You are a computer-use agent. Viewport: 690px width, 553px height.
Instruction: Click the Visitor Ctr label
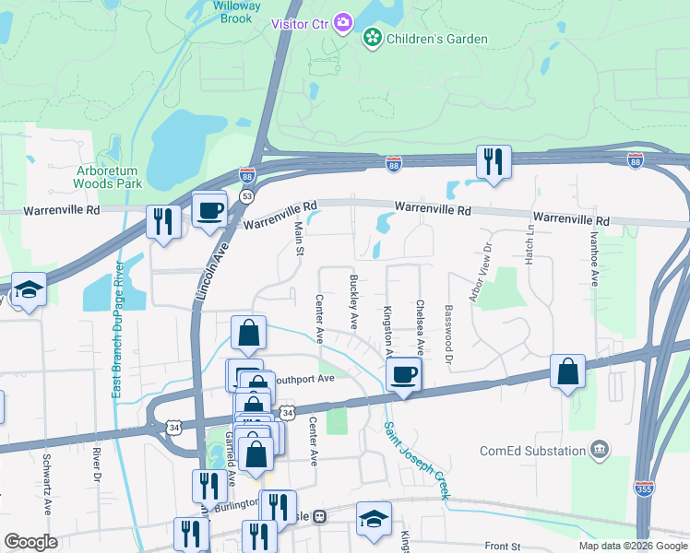pyautogui.click(x=301, y=22)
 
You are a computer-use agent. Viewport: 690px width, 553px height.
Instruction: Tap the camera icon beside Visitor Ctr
pyautogui.click(x=343, y=21)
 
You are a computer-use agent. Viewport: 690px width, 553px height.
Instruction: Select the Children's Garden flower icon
pyautogui.click(x=372, y=39)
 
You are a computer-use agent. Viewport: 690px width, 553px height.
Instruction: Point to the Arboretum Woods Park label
pyautogui.click(x=109, y=177)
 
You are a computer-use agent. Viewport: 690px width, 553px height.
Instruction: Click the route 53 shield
pyautogui.click(x=246, y=196)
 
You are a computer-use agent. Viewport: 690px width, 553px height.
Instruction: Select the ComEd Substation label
pyautogui.click(x=533, y=451)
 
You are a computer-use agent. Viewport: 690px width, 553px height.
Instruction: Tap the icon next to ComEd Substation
pyautogui.click(x=600, y=450)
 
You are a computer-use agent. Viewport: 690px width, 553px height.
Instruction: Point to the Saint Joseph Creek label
pyautogui.click(x=416, y=460)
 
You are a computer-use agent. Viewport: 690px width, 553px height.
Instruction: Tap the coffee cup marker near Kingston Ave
pyautogui.click(x=403, y=374)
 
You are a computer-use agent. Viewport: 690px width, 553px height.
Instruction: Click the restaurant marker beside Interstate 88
pyautogui.click(x=493, y=161)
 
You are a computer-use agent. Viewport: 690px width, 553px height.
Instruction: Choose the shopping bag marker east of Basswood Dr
pyautogui.click(x=568, y=371)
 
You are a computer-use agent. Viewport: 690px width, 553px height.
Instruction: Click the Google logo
pyautogui.click(x=30, y=542)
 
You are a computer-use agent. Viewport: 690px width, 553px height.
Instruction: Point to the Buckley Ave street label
pyautogui.click(x=353, y=301)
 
